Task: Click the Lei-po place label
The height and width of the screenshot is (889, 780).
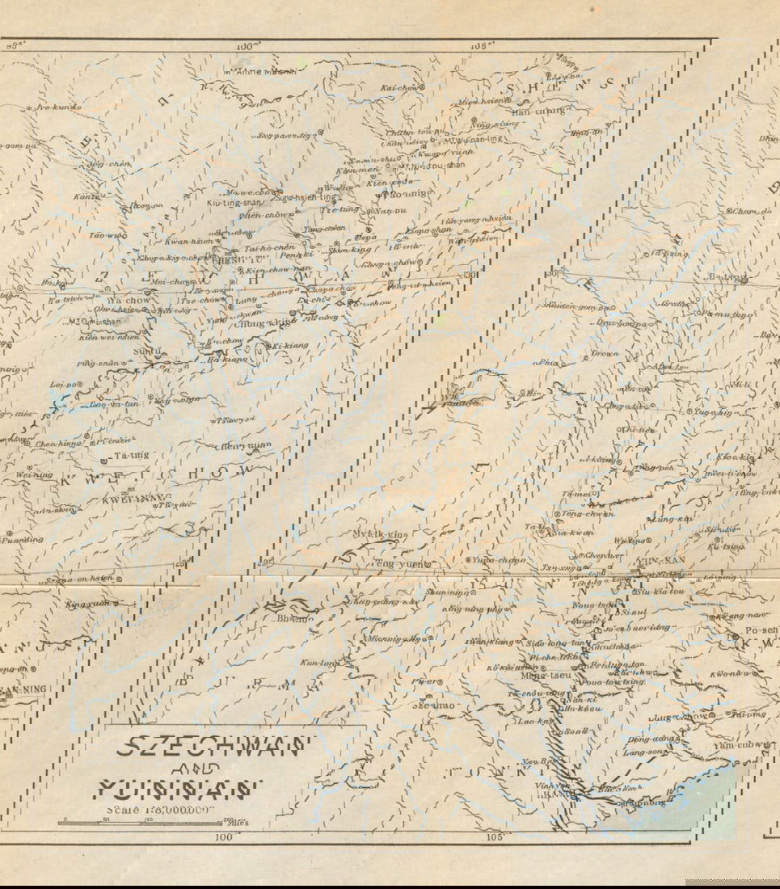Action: (x=61, y=384)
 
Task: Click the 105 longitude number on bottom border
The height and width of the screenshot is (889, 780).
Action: (x=494, y=837)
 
